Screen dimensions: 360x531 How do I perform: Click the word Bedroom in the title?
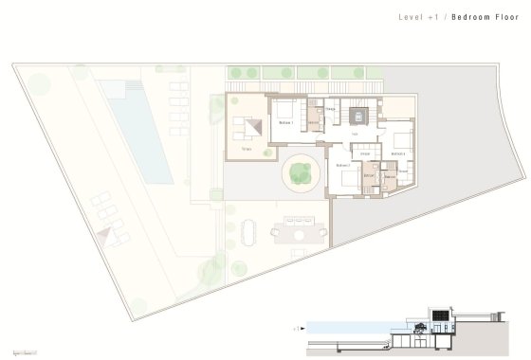point(474,18)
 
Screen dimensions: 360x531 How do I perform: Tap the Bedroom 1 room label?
point(287,122)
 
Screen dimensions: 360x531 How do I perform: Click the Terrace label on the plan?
point(247,150)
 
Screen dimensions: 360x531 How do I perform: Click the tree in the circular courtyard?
point(300,171)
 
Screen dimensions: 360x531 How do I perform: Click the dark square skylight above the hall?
point(358,116)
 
